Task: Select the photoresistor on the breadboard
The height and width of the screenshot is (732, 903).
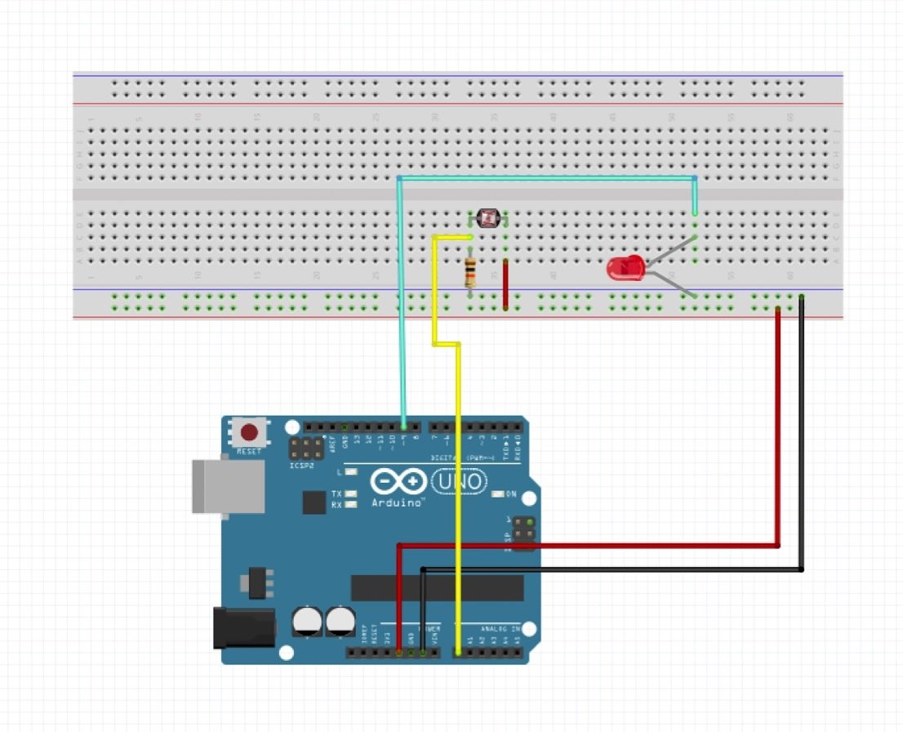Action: pyautogui.click(x=488, y=218)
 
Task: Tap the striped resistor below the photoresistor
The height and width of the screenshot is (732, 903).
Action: pyautogui.click(x=470, y=271)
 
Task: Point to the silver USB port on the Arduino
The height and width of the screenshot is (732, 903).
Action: pyautogui.click(x=228, y=486)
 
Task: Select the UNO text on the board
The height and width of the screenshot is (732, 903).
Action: pyautogui.click(x=459, y=482)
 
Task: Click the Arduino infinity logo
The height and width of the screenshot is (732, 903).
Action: pyautogui.click(x=398, y=481)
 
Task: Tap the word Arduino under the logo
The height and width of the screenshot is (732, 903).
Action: pyautogui.click(x=398, y=502)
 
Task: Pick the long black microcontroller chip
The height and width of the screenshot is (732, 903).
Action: pyautogui.click(x=437, y=587)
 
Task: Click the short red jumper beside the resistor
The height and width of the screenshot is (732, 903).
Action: pyautogui.click(x=506, y=285)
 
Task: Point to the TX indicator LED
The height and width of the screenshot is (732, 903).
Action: pyautogui.click(x=352, y=493)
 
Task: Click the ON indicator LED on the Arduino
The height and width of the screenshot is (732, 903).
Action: pyautogui.click(x=500, y=493)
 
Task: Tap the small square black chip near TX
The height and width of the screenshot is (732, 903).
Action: pyautogui.click(x=314, y=502)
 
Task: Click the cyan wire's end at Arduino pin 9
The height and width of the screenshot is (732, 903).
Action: pyautogui.click(x=404, y=426)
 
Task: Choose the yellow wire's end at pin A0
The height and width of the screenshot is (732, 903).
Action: pyautogui.click(x=458, y=652)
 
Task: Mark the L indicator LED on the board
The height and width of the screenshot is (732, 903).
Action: pyautogui.click(x=352, y=471)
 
